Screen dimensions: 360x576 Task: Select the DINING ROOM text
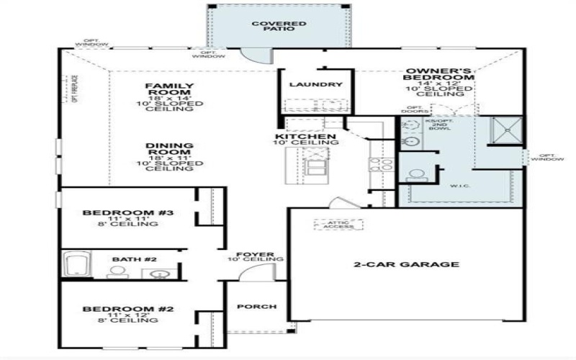coord(169,149)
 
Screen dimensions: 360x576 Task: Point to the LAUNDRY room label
coord(315,85)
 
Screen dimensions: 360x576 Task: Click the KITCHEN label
coord(305,137)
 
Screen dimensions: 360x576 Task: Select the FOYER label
coord(256,255)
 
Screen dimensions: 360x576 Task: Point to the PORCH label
coord(256,307)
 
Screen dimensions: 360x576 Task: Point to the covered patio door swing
coord(253,55)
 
